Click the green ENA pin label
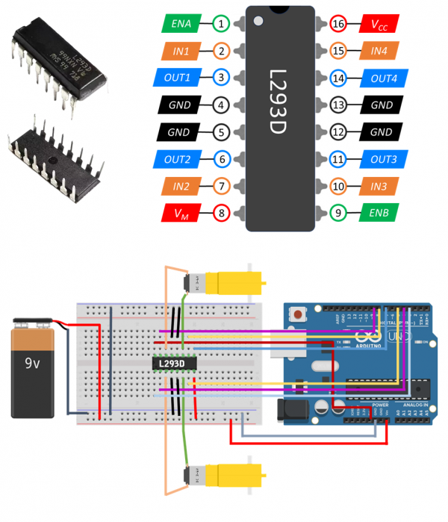coord(181,24)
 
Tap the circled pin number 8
coord(222,214)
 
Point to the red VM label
coord(181,214)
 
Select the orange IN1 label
coord(181,51)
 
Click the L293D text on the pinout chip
coord(281,105)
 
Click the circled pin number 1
coord(222,24)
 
